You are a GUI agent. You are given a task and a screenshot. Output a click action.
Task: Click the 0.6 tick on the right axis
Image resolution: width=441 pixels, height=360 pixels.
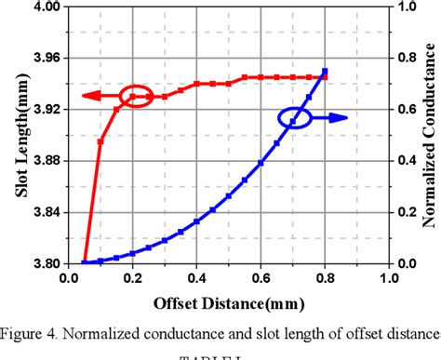pyautogui.click(x=403, y=109)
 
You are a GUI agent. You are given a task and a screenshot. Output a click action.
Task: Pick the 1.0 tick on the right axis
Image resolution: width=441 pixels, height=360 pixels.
pyautogui.click(x=403, y=6)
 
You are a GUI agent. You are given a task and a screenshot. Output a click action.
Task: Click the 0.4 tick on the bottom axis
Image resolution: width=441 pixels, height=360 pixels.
pyautogui.click(x=196, y=277)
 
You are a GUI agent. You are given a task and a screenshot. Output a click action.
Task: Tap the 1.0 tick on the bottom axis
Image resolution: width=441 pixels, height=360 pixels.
pyautogui.click(x=388, y=277)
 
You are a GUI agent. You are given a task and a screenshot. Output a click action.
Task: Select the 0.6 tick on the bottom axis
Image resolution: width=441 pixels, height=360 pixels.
pyautogui.click(x=261, y=277)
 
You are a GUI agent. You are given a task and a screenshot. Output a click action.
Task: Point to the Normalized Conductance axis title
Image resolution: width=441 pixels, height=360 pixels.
pyautogui.click(x=431, y=135)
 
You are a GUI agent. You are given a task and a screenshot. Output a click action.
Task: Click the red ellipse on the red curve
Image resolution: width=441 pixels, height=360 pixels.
pyautogui.click(x=136, y=96)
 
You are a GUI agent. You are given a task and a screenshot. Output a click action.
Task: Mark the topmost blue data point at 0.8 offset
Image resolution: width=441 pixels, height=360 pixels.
pyautogui.click(x=325, y=72)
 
